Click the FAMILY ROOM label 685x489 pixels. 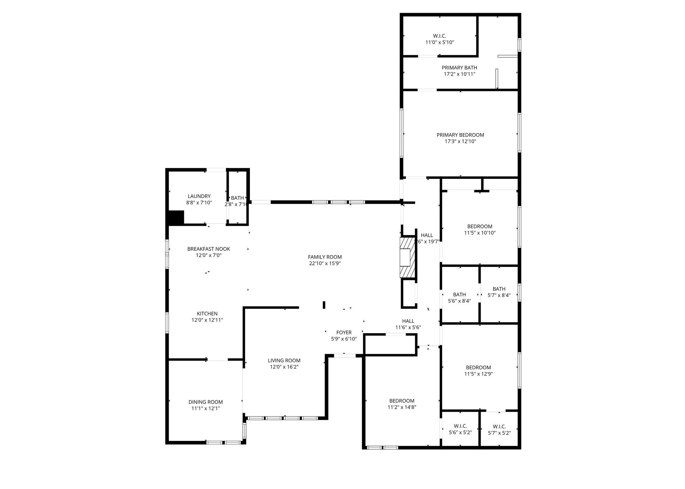[x=325, y=257]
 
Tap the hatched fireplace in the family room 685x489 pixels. [x=407, y=257]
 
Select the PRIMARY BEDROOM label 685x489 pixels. [x=460, y=135]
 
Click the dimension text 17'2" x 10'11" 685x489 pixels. [x=459, y=74]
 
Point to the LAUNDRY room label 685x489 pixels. [x=199, y=196]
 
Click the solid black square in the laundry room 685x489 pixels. [x=176, y=217]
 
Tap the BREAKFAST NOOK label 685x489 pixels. [x=208, y=249]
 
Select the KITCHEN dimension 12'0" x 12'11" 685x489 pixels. [x=207, y=320]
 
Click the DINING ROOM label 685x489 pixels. [x=205, y=402]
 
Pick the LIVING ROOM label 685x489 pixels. [x=284, y=360]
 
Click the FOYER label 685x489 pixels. [x=344, y=332]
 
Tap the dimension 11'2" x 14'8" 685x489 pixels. [x=402, y=407]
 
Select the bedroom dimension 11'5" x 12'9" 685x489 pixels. [x=478, y=374]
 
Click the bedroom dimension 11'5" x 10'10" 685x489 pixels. [x=480, y=233]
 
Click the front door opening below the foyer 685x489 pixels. [x=345, y=356]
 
